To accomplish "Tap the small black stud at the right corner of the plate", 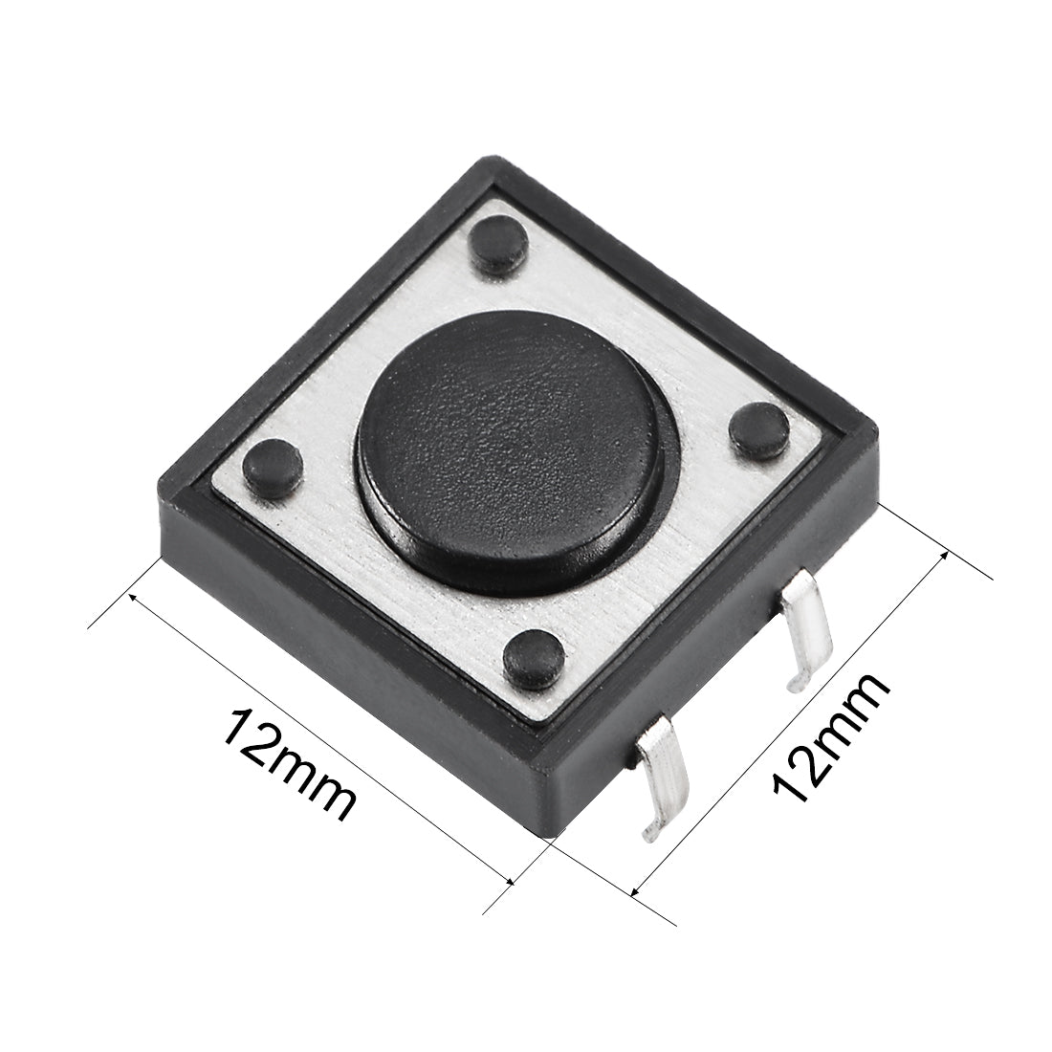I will point(759,431).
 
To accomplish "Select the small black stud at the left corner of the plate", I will point(273,466).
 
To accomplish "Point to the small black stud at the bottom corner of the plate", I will point(534,659).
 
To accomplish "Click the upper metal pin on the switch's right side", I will point(802,635).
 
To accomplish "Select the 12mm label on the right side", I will point(829,737).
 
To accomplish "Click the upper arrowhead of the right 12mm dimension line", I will point(942,555).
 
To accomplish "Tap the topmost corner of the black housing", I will point(490,161).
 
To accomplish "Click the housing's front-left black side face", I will point(354,660).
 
